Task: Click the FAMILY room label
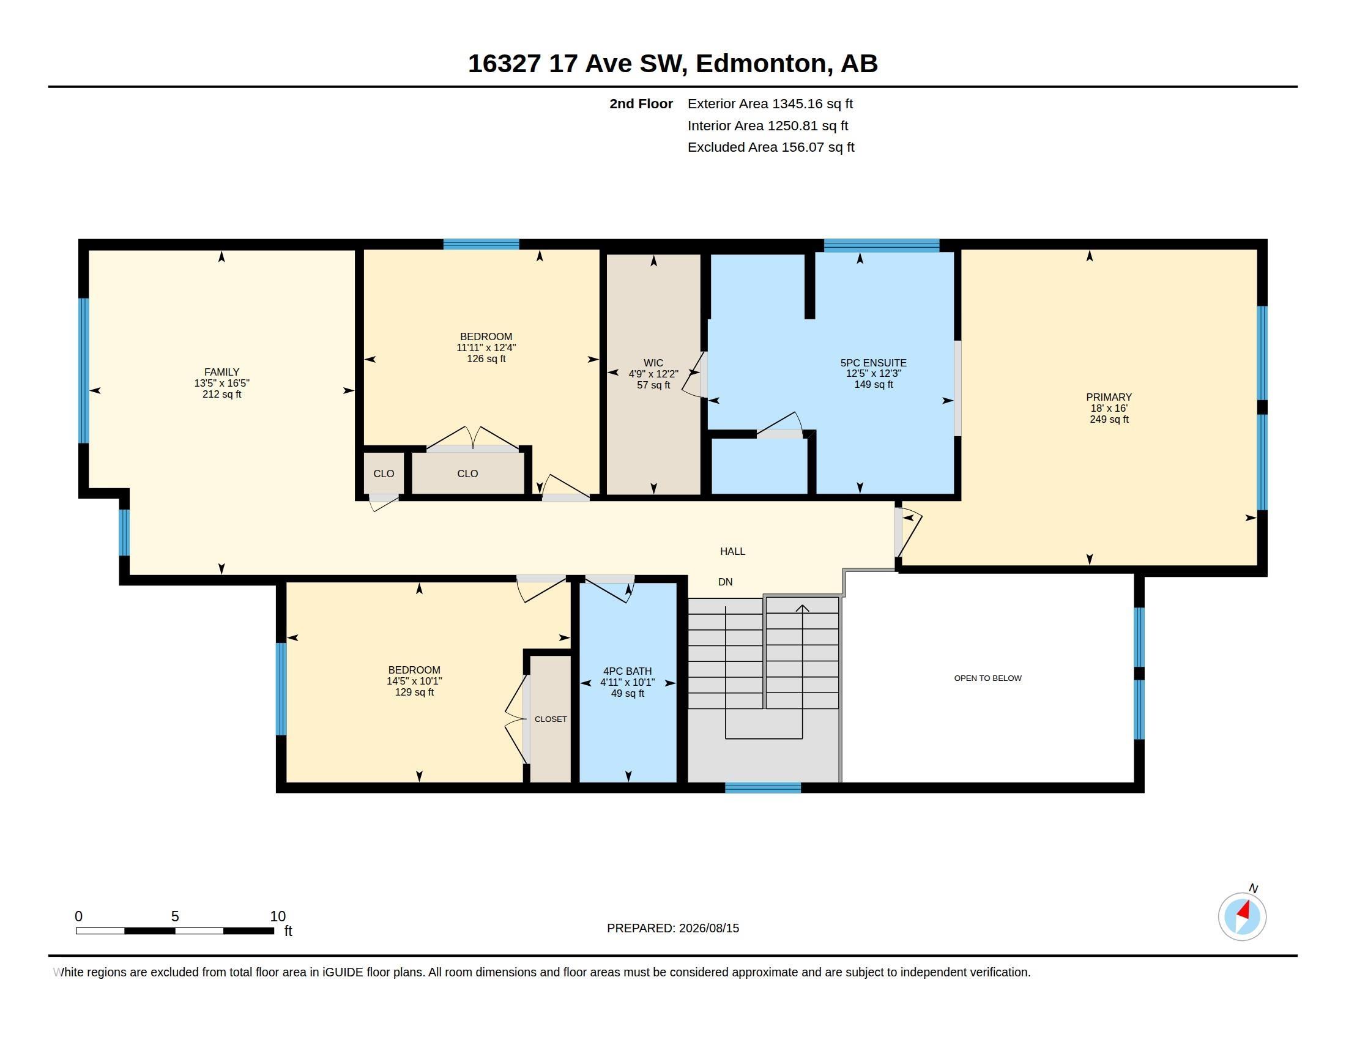tap(222, 372)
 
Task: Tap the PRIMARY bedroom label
tap(1109, 398)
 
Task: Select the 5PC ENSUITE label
tap(873, 363)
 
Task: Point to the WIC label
tap(653, 363)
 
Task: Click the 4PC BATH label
tap(627, 672)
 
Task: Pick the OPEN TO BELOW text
tap(988, 678)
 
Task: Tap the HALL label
tap(733, 551)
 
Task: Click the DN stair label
tap(726, 582)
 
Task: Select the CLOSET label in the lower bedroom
tap(551, 719)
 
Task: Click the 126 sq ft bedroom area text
tap(486, 358)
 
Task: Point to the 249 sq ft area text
tap(1109, 420)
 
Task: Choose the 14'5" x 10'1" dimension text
tap(414, 682)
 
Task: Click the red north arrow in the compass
tap(1244, 911)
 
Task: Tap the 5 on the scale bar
tap(175, 916)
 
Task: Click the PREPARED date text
tap(673, 929)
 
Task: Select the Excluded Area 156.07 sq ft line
tap(771, 147)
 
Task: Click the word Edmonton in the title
tap(762, 64)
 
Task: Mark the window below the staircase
tap(763, 787)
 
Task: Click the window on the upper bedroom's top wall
tap(482, 244)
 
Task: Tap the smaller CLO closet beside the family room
tap(384, 474)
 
